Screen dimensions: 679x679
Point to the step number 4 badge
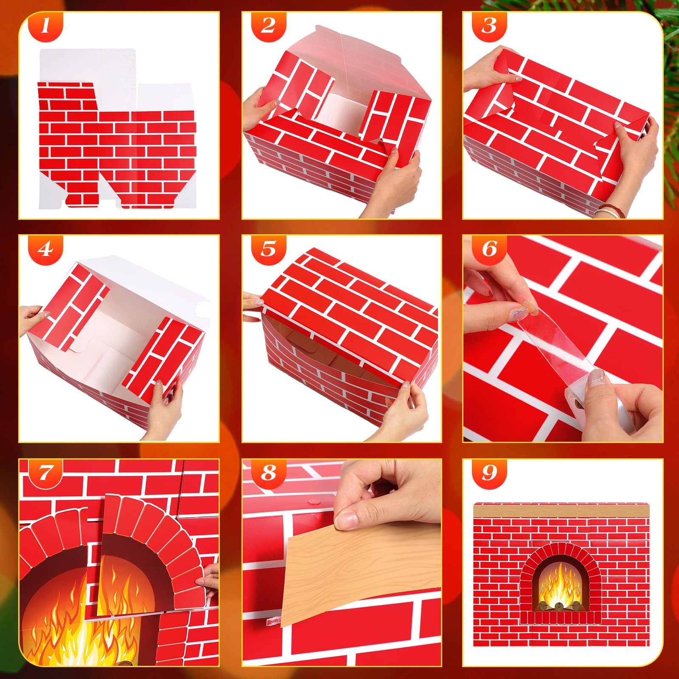pos(46,250)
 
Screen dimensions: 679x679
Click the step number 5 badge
pos(268,250)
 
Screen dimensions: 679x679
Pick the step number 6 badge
pos(489,250)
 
